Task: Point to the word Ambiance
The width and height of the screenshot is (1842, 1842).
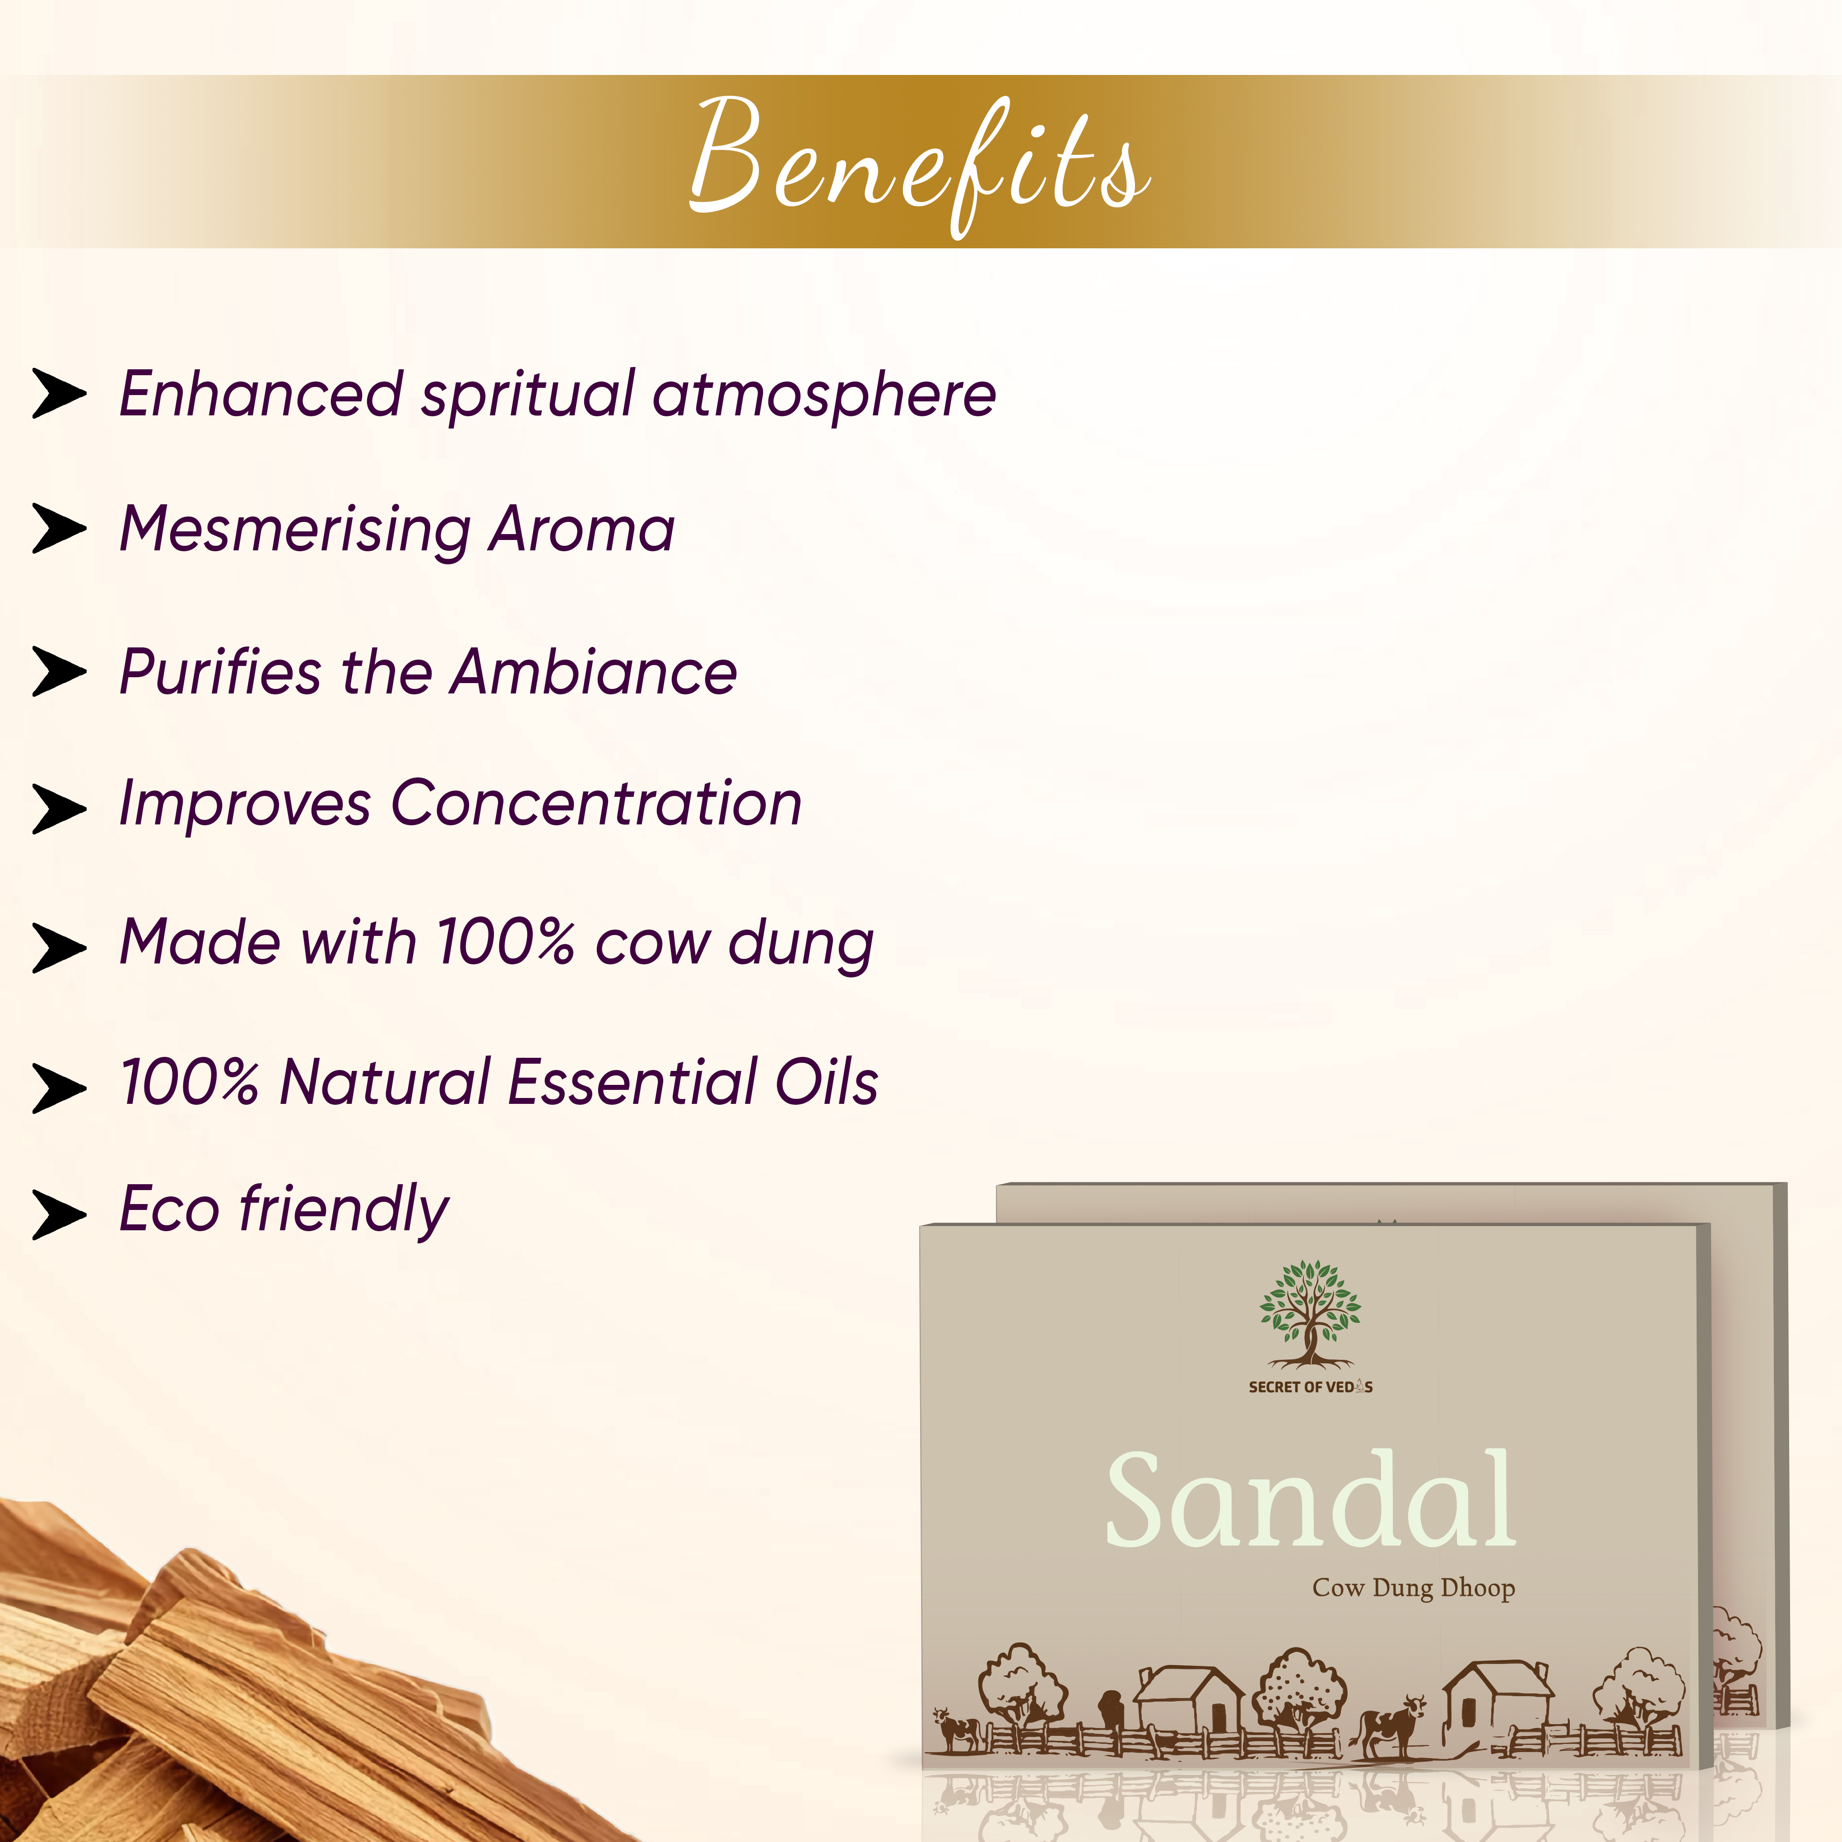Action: (594, 672)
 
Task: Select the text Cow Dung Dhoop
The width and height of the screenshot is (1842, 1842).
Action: (1413, 1588)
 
